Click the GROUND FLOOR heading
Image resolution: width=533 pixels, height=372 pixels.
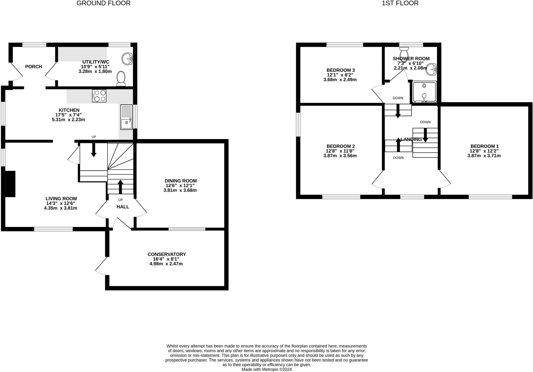[103, 3]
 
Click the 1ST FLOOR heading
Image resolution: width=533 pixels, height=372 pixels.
[400, 3]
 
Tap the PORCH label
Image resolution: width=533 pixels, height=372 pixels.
[34, 67]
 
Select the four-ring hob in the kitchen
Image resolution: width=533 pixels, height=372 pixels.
[99, 96]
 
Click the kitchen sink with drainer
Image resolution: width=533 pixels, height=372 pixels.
[126, 117]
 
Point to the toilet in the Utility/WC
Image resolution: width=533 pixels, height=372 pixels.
[121, 78]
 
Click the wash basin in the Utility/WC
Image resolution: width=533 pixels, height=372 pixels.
[128, 59]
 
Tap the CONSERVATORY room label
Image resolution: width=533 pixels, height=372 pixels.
[167, 254]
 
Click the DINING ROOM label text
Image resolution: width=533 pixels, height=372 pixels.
[181, 181]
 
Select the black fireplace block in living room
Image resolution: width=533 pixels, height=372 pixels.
[10, 184]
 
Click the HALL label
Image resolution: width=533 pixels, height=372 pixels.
[123, 207]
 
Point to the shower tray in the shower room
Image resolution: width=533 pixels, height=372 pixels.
[424, 92]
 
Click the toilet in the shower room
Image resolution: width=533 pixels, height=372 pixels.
[404, 53]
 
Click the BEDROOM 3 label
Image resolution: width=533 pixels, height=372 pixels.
[340, 70]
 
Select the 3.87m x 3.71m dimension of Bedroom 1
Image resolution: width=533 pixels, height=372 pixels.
[484, 156]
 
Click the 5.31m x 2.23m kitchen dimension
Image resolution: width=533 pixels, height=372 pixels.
[68, 120]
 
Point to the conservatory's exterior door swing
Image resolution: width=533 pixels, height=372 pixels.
[101, 266]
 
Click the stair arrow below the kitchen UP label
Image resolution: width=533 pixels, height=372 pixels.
[94, 150]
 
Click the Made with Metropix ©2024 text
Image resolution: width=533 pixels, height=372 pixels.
[266, 369]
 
